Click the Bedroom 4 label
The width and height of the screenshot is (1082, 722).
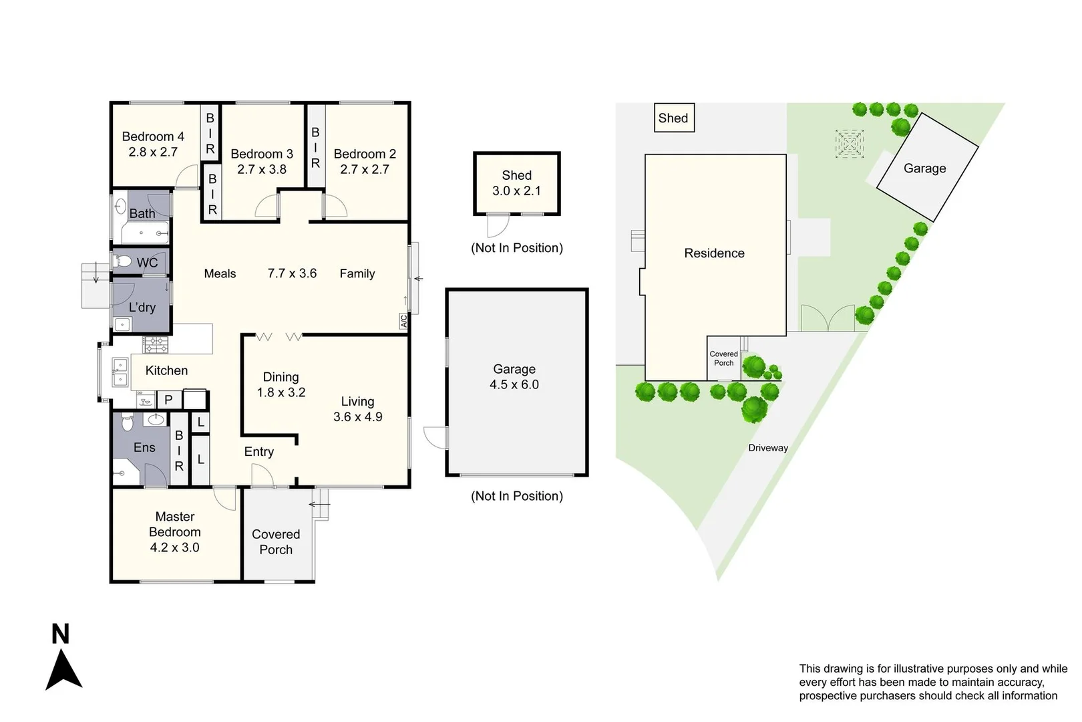click(153, 136)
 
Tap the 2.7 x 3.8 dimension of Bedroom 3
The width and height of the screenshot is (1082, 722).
click(262, 170)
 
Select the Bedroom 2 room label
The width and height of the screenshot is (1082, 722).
click(365, 154)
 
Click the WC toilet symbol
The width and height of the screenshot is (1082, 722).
click(124, 261)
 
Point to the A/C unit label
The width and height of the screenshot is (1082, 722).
click(403, 322)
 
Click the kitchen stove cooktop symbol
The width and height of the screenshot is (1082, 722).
click(156, 345)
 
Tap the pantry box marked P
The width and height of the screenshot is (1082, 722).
click(168, 400)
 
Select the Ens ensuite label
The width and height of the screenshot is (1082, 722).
click(144, 448)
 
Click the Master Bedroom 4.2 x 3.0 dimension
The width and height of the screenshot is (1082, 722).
click(174, 548)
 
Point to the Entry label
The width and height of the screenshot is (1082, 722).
click(259, 452)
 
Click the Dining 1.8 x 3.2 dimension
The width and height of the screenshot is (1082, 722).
click(281, 392)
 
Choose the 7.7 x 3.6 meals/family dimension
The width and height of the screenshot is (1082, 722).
click(292, 273)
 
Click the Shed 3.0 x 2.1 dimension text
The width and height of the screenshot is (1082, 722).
click(516, 191)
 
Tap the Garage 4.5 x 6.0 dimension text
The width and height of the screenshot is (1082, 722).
click(514, 385)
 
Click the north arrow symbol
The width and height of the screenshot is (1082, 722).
click(63, 669)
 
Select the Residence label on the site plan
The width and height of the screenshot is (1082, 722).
click(714, 253)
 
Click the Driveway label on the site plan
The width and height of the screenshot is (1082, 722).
click(768, 448)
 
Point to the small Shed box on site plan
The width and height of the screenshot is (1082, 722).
click(674, 118)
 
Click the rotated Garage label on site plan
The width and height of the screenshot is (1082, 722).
click(924, 168)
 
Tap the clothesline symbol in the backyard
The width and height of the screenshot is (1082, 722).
click(850, 144)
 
